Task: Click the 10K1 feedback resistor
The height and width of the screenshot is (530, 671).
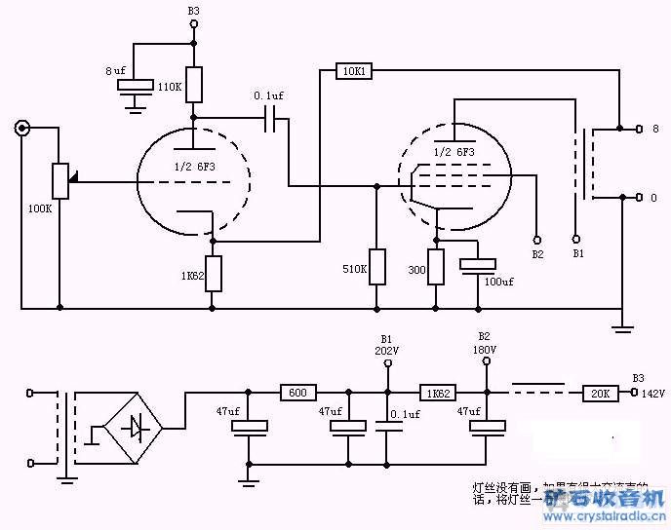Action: (x=352, y=70)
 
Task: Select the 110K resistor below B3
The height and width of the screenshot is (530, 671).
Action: (x=194, y=85)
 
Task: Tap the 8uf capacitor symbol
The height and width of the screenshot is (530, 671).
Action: (x=136, y=86)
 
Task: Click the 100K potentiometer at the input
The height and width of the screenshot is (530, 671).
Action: (x=60, y=180)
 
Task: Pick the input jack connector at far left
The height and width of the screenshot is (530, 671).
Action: (x=20, y=128)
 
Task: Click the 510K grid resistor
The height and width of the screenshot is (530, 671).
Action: (x=375, y=265)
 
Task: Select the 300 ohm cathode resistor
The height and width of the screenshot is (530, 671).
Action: (x=436, y=265)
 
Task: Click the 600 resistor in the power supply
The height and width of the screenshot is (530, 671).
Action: (x=297, y=393)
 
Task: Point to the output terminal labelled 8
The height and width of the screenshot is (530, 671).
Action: (x=640, y=128)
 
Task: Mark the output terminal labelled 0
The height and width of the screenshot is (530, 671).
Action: (x=640, y=198)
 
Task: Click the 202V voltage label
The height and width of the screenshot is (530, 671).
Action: (x=387, y=350)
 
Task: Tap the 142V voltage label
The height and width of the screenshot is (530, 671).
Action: (x=651, y=393)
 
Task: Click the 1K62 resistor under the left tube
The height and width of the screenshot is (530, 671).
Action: (x=214, y=274)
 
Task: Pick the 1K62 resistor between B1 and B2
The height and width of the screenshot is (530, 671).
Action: (x=436, y=393)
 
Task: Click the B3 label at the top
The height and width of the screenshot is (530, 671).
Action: (x=193, y=11)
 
